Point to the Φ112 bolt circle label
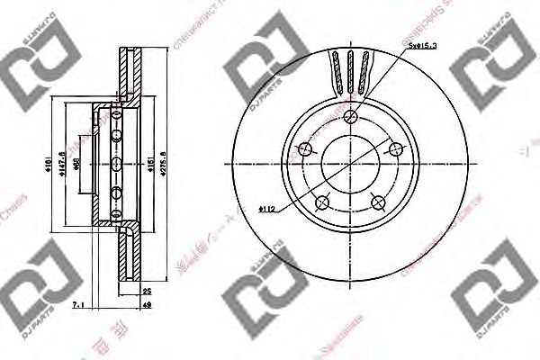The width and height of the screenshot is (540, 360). click(x=265, y=209)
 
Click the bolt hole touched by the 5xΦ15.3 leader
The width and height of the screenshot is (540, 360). click(x=352, y=117)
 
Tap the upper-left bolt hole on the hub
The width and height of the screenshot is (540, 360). click(x=305, y=149)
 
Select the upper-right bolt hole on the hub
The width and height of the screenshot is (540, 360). click(x=397, y=149)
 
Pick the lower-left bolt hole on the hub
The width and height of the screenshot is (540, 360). click(x=323, y=203)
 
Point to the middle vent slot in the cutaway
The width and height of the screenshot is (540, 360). click(x=351, y=69)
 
